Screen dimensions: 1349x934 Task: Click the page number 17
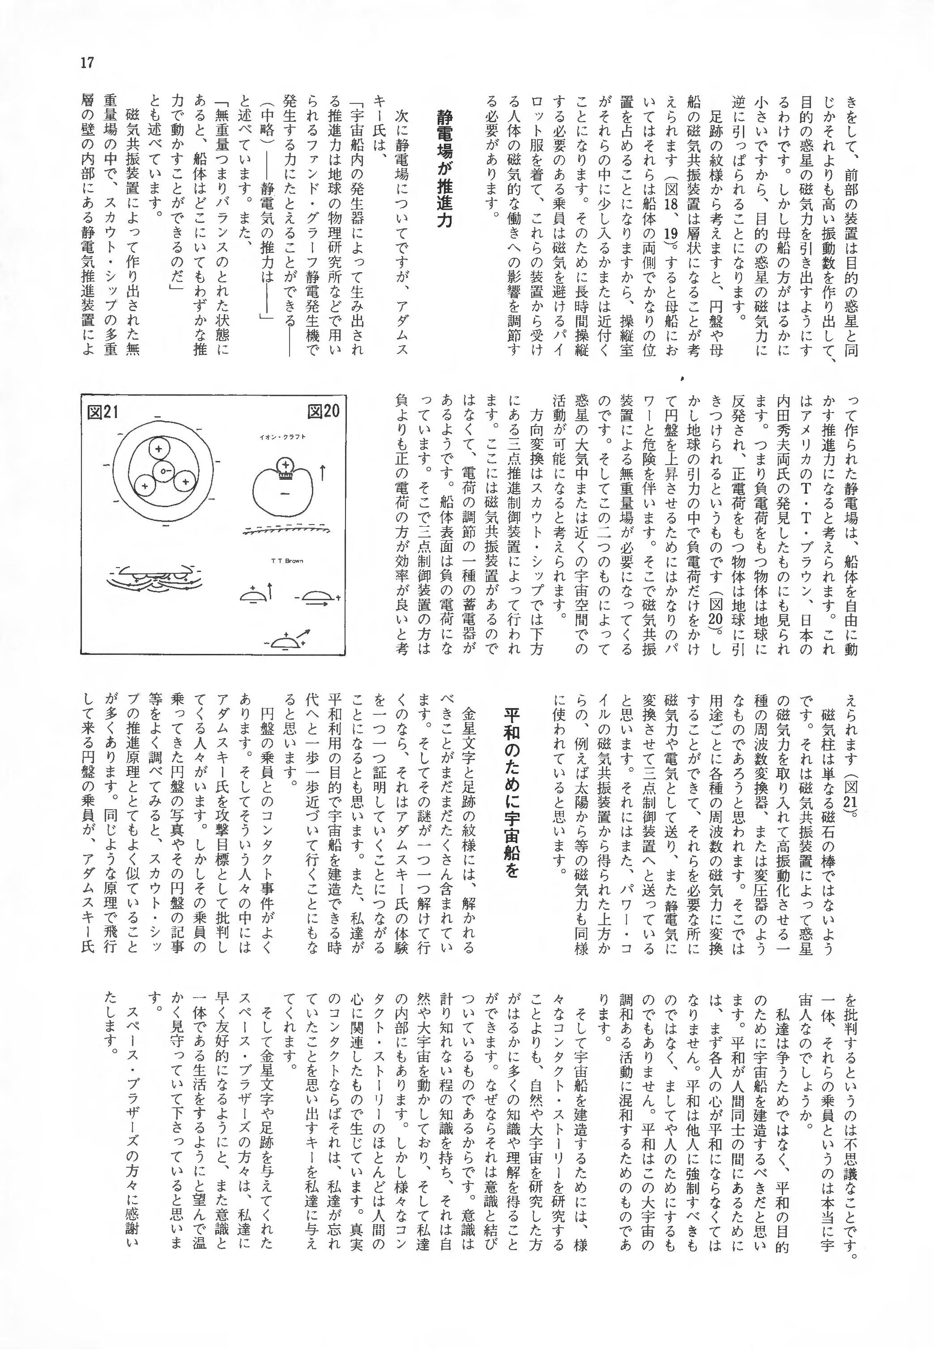(88, 63)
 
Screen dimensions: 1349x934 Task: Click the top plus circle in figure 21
(158, 449)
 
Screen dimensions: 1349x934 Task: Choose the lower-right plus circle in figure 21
(184, 482)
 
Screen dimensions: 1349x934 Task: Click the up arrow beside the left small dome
(270, 591)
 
